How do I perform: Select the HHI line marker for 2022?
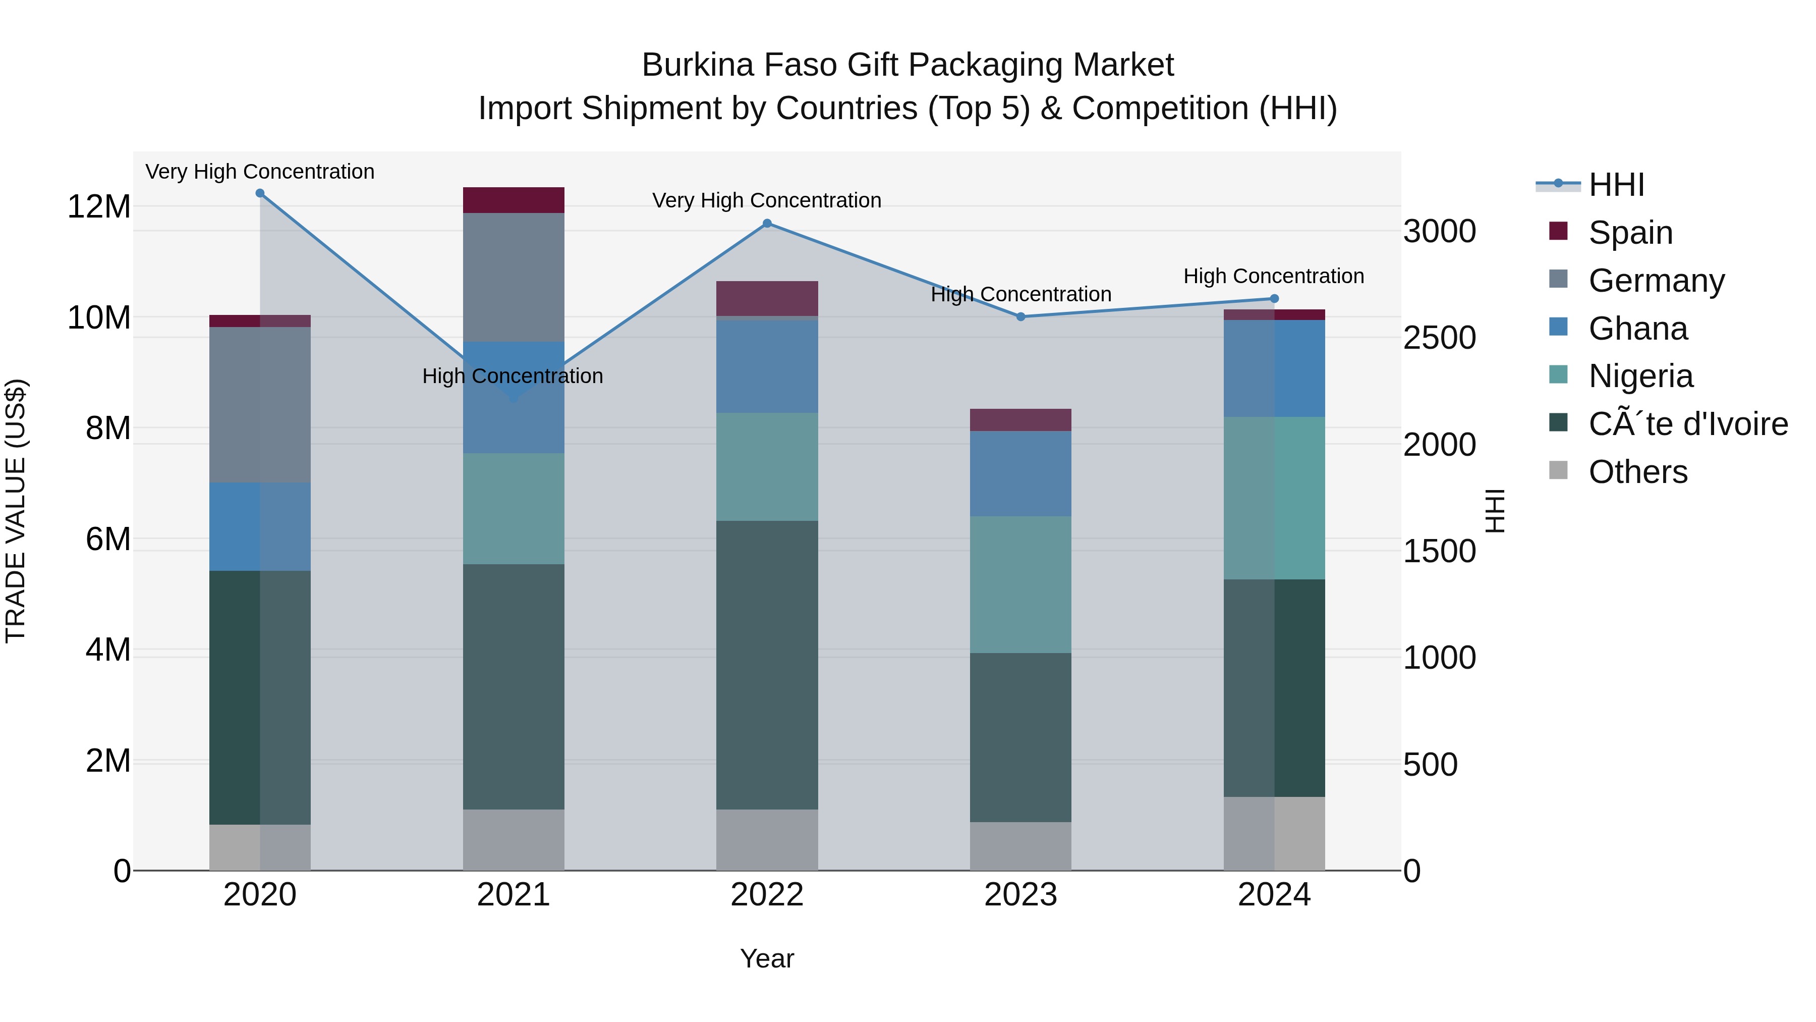[x=767, y=224]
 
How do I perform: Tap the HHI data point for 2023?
[x=1021, y=316]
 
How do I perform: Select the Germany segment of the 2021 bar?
[x=513, y=277]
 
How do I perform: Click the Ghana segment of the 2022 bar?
[x=767, y=366]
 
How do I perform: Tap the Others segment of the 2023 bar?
[x=1021, y=846]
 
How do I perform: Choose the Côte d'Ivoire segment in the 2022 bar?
[x=767, y=665]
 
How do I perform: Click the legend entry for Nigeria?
[x=1640, y=376]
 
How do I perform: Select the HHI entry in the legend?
[x=1616, y=185]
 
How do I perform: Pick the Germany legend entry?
[x=1656, y=281]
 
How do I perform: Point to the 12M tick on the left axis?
[x=99, y=206]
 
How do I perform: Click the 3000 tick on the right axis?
[x=1440, y=231]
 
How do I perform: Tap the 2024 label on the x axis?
[x=1274, y=895]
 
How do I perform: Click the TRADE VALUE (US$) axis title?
[x=16, y=511]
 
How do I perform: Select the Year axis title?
[x=767, y=958]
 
